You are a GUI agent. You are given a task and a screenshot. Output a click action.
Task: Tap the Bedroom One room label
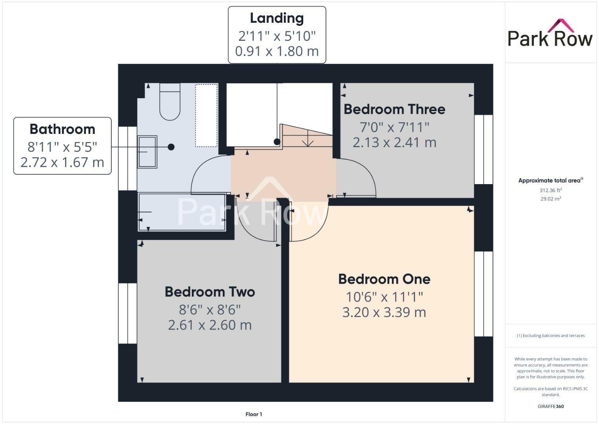point(384,279)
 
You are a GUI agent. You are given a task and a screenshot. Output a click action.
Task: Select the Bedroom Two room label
point(210,292)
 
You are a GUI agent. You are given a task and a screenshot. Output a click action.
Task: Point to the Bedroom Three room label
point(394,109)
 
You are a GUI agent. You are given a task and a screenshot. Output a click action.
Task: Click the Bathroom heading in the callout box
point(62,129)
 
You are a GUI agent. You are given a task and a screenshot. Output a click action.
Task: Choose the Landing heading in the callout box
point(277,18)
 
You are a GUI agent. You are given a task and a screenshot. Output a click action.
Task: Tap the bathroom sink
point(147,152)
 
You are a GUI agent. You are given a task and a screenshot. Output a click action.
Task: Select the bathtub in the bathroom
point(182,212)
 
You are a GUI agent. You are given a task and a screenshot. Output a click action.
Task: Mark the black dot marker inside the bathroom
point(171,147)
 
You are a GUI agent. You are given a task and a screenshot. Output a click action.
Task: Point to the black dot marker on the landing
point(277,142)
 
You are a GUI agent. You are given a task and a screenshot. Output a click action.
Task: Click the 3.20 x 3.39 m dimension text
point(384,313)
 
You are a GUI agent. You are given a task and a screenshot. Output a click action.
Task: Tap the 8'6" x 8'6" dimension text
point(210,310)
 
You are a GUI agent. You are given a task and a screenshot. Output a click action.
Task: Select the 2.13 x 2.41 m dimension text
point(394,143)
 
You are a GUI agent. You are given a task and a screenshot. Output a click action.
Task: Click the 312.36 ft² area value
point(550,190)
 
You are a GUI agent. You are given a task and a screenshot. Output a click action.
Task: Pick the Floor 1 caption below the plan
point(254,414)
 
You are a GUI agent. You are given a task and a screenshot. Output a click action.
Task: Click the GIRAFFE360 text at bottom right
point(550,406)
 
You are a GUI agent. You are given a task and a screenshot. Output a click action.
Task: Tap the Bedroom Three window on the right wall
point(483,149)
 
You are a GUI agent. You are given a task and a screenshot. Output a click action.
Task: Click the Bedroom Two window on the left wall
point(127,313)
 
